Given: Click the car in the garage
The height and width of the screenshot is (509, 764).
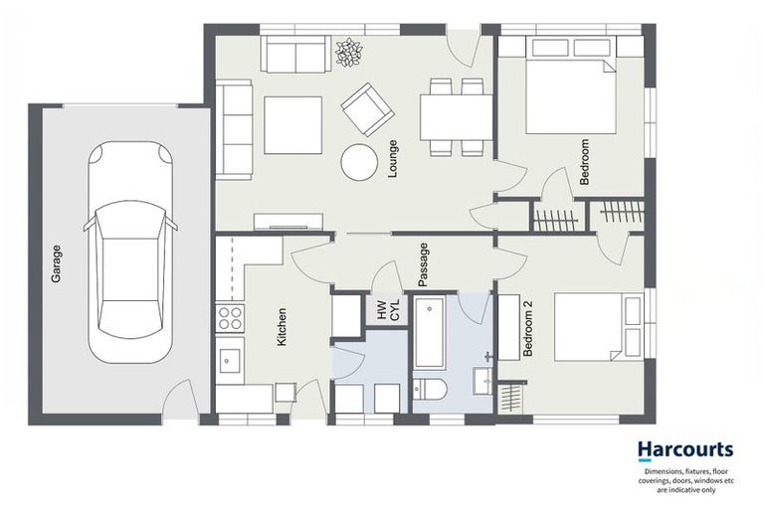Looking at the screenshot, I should pos(130,253).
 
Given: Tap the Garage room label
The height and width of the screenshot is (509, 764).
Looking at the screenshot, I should pos(57,264).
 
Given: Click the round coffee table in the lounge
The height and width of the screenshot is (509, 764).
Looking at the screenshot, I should pos(358,162).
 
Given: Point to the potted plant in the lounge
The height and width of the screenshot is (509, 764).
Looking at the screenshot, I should pos(349,53).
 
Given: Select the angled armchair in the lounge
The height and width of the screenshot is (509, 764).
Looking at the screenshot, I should pos(367,108).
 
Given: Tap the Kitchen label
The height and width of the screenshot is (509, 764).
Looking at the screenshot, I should pos(283,326).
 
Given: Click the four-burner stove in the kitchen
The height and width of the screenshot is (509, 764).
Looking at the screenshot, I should pos(230,317).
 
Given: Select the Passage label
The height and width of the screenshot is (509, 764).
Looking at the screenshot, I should pos(423,264).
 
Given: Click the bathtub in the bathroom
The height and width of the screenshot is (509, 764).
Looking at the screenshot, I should pos(430,332).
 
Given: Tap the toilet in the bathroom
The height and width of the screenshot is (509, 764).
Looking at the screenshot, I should pos(431,390).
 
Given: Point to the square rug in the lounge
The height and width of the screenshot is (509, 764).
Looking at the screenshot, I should pos(292,125).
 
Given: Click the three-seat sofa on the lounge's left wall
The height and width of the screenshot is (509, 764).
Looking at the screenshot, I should pos(235,130).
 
